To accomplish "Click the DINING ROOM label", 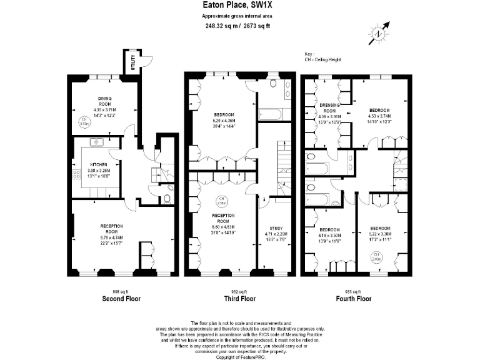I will (104, 100).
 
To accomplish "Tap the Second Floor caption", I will (121, 299).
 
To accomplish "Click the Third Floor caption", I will (241, 299).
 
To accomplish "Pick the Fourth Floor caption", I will (354, 299).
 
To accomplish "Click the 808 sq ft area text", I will (120, 291).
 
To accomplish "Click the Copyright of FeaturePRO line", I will (241, 356).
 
